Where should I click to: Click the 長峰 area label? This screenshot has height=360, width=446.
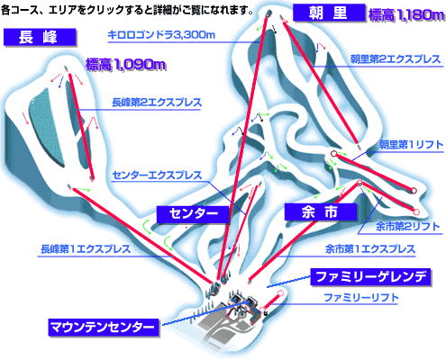(x=40, y=37)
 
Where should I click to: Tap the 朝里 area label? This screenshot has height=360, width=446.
(x=329, y=13)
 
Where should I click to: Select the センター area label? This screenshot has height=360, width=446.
(x=194, y=214)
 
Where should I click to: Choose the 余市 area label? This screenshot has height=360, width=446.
(x=321, y=212)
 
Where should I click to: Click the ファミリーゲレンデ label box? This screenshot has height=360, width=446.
(x=371, y=277)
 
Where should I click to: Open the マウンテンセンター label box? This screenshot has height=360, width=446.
(x=104, y=327)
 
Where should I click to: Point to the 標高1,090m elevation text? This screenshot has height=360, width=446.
(x=125, y=64)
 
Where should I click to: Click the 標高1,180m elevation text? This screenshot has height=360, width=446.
(x=406, y=15)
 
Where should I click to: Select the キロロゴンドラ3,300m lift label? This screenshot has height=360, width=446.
(x=161, y=35)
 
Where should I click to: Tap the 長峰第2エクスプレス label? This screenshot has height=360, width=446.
(x=157, y=103)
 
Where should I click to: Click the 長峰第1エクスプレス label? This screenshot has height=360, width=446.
(x=86, y=249)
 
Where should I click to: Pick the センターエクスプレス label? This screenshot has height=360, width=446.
(x=157, y=175)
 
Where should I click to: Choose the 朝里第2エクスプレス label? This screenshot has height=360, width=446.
(x=396, y=59)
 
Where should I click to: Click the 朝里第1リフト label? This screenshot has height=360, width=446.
(x=411, y=145)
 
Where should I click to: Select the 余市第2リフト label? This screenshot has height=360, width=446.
(x=407, y=227)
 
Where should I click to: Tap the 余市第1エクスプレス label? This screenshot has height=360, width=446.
(x=370, y=249)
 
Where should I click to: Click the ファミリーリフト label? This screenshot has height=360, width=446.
(x=361, y=298)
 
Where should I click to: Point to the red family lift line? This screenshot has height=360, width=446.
(x=271, y=301)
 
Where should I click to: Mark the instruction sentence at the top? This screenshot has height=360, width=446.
(x=127, y=11)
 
